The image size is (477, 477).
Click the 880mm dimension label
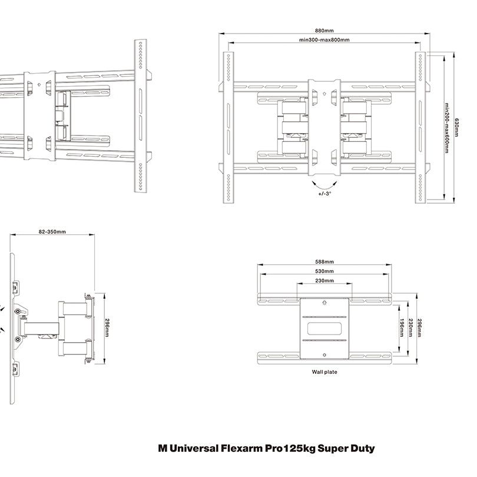click(324, 31)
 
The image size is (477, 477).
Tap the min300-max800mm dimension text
click(324, 40)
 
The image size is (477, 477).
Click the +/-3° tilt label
click(324, 193)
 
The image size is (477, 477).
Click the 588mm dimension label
click(324, 261)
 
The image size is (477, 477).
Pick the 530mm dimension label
click(324, 271)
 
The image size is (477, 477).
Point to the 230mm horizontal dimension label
click(324, 280)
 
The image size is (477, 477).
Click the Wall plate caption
click(324, 372)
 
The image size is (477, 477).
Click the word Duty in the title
click(362, 448)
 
